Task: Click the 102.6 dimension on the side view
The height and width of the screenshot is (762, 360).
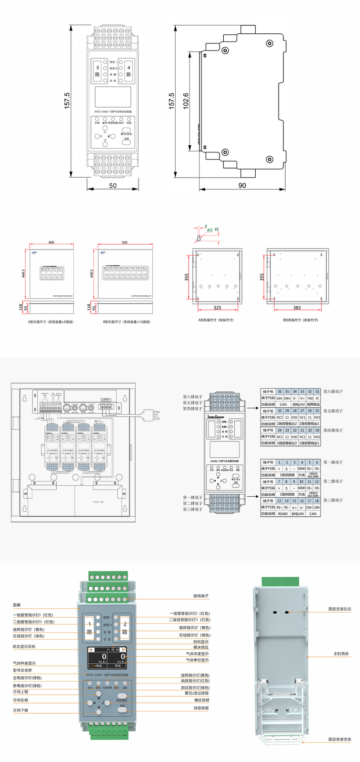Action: [186, 100]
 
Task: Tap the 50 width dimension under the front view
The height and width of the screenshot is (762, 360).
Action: [113, 185]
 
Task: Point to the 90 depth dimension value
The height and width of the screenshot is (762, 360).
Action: [242, 185]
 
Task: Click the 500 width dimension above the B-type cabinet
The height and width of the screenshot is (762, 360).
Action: [124, 242]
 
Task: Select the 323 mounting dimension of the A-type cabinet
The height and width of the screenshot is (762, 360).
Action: [217, 308]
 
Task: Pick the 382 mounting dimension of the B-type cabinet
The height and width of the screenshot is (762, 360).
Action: [297, 308]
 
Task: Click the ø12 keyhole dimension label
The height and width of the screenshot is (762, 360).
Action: [210, 230]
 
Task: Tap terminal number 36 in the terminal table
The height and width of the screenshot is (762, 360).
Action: [280, 391]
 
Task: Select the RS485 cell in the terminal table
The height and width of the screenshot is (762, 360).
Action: [283, 514]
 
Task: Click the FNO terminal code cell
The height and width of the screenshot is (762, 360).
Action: [310, 398]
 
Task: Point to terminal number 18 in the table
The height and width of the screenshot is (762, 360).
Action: [317, 501]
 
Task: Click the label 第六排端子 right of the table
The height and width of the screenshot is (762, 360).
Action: [333, 391]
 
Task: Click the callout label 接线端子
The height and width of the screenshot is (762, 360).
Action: [200, 596]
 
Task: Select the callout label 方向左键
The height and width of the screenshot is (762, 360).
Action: [20, 700]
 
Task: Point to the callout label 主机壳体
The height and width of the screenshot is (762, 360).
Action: [341, 654]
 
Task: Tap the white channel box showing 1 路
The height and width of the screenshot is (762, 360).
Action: [90, 628]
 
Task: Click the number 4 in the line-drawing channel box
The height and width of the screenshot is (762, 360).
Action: [129, 68]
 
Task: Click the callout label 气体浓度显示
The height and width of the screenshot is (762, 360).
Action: [197, 654]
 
